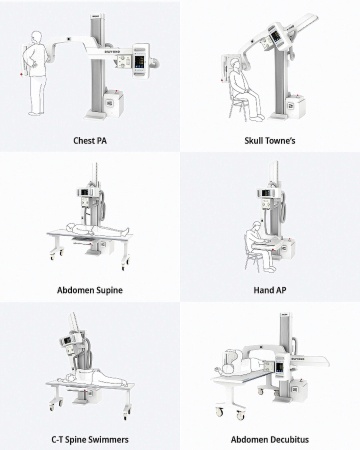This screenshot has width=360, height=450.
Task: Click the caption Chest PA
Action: [90, 141]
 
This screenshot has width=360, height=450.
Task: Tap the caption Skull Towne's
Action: [270, 141]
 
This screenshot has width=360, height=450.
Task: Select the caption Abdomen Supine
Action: [90, 290]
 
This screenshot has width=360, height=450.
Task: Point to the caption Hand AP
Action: [270, 290]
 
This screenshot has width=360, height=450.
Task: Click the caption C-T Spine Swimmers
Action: [90, 440]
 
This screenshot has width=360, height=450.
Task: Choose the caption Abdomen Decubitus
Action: [270, 440]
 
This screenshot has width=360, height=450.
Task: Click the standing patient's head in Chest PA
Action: [36, 37]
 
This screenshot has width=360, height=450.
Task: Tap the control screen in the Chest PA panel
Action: [139, 61]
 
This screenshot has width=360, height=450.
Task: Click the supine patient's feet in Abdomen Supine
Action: [127, 230]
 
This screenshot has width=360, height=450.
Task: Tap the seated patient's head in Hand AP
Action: [256, 226]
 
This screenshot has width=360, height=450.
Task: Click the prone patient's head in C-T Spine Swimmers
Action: [70, 378]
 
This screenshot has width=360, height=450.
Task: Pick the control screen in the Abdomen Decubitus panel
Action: [278, 366]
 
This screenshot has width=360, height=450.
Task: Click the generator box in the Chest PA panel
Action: [113, 103]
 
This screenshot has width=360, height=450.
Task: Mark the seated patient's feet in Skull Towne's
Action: [257, 117]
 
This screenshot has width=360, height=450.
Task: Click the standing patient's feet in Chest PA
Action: [36, 113]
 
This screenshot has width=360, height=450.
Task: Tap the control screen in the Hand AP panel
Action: [266, 192]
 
